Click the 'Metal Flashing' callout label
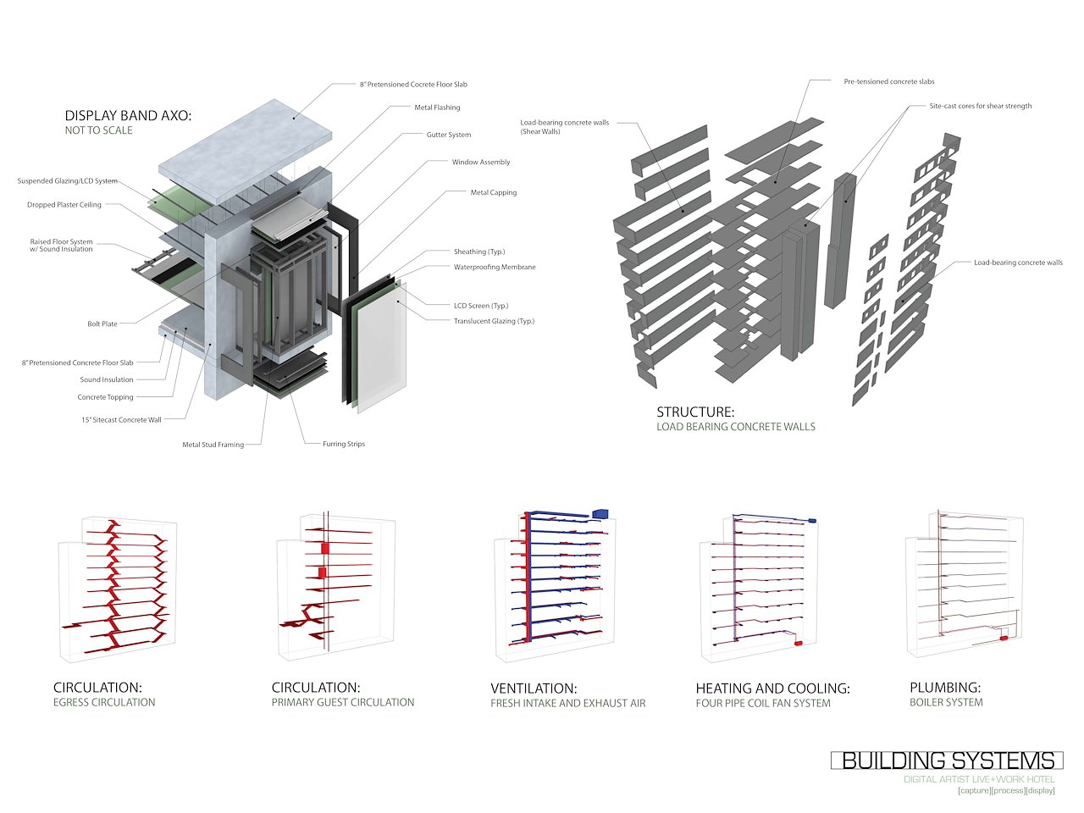(437, 108)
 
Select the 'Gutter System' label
(448, 135)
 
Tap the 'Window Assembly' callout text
(480, 162)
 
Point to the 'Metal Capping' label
(493, 192)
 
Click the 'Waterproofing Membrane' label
(495, 267)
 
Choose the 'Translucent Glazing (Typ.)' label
(494, 321)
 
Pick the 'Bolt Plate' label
(102, 324)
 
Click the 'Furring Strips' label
(344, 444)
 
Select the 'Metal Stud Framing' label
(213, 445)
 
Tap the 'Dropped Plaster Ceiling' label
(64, 205)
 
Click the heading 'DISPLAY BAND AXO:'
(128, 115)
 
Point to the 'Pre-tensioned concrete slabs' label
(889, 81)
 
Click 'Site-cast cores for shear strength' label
(980, 106)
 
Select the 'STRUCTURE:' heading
(695, 412)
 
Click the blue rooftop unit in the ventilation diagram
(600, 513)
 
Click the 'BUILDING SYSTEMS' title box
(947, 760)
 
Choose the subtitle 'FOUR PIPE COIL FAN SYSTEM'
(763, 703)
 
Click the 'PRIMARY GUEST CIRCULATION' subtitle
(343, 702)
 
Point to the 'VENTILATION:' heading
(534, 689)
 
